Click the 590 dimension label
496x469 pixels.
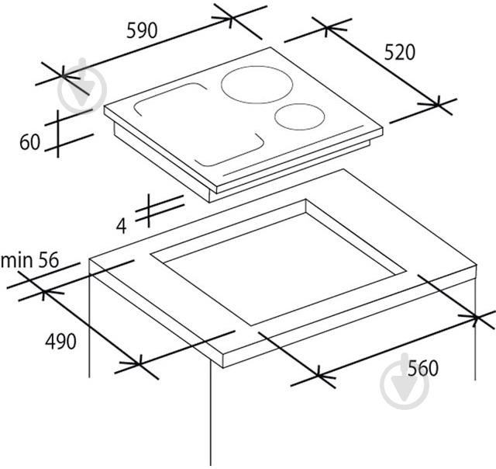pos(142,31)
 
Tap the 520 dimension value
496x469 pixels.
pos(399,52)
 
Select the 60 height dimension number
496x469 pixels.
pos(29,142)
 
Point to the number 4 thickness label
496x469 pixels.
pos(122,226)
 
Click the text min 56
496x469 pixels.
pos(29,260)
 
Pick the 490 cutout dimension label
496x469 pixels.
pos(60,342)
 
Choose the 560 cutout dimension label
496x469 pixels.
pos(423,368)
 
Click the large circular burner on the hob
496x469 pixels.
pos(257,85)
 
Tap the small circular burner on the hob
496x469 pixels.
pos(300,116)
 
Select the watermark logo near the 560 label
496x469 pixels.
pos(405,382)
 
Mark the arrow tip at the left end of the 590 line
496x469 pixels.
pos(63,76)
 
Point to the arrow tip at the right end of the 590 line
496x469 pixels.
pos(232,18)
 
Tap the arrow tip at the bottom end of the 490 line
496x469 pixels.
pos(139,364)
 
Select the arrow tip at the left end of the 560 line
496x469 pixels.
pos(318,376)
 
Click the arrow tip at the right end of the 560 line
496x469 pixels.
pos(476,317)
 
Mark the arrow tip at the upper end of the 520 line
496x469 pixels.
pos(326,28)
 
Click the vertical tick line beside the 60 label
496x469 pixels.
pos(58,134)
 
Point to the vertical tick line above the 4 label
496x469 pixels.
pos(149,210)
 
